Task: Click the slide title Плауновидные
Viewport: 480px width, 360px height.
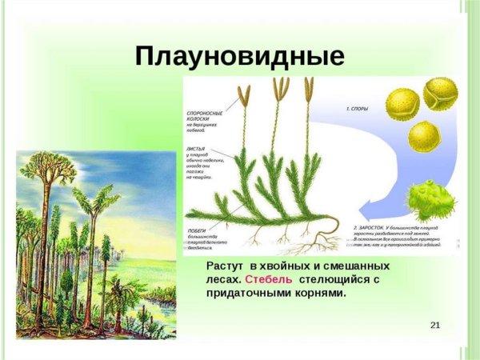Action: coord(240,56)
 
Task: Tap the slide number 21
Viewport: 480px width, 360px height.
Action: coord(435,324)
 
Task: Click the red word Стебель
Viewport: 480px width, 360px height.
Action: coord(269,279)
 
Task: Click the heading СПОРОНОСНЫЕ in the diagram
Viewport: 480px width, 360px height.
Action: coord(205,114)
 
